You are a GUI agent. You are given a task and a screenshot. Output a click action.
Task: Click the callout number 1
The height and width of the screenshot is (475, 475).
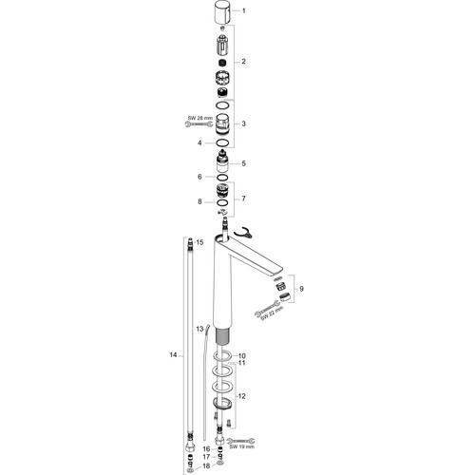pyautogui.click(x=243, y=11)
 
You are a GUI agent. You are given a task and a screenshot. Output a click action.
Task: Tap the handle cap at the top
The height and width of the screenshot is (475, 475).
pyautogui.click(x=223, y=11)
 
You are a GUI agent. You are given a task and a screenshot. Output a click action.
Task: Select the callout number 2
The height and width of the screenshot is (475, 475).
pyautogui.click(x=243, y=61)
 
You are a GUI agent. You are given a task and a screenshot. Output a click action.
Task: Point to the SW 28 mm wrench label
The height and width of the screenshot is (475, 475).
pyautogui.click(x=199, y=118)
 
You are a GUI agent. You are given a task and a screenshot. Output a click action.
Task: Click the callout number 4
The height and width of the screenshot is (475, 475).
pyautogui.click(x=199, y=143)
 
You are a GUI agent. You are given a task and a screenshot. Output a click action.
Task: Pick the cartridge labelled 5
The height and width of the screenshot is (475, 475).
pyautogui.click(x=223, y=161)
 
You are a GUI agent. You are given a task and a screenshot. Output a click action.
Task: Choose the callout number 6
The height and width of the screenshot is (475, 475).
pyautogui.click(x=199, y=177)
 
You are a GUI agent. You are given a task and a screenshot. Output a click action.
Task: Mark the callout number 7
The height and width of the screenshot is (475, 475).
pyautogui.click(x=243, y=199)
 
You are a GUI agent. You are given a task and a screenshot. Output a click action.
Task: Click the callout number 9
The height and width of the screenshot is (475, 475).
pyautogui.click(x=301, y=289)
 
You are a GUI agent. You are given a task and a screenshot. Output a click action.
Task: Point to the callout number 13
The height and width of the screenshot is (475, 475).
pyautogui.click(x=199, y=329)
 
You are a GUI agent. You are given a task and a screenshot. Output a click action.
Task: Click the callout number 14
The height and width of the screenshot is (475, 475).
pyautogui.click(x=173, y=355)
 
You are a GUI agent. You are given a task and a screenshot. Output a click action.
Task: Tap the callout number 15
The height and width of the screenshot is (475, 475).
pyautogui.click(x=199, y=242)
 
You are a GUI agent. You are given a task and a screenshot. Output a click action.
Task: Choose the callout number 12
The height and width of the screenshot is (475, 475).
pyautogui.click(x=241, y=396)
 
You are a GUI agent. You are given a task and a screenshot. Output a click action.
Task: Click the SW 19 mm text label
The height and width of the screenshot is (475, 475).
pyautogui.click(x=242, y=447)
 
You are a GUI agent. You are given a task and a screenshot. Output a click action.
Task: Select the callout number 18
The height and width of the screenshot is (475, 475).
pyautogui.click(x=206, y=466)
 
